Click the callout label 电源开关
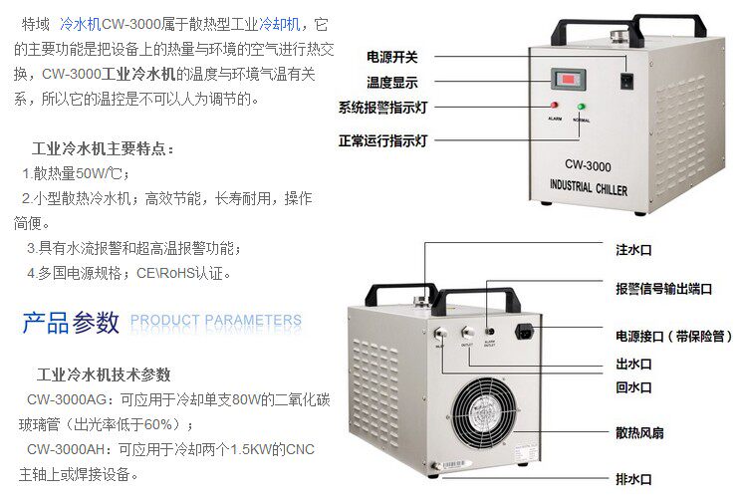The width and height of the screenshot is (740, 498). [x=393, y=56]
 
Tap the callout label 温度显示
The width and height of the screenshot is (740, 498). [x=393, y=82]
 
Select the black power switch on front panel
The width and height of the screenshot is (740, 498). [x=625, y=80]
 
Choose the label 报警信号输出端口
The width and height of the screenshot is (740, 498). [x=663, y=289]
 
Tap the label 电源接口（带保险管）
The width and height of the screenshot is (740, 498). [x=673, y=336]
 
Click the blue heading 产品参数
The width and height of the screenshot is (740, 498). [x=71, y=322]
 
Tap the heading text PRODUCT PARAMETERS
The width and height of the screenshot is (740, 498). [x=216, y=321]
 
